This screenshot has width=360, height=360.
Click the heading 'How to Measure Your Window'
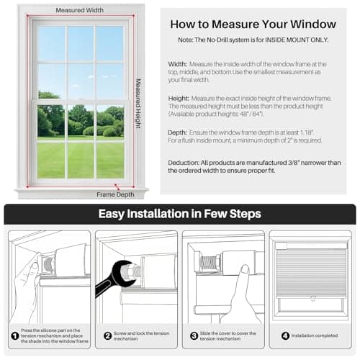click(x=256, y=24)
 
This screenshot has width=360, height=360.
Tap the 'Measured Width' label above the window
click(x=79, y=11)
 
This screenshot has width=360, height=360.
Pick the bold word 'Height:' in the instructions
click(x=179, y=99)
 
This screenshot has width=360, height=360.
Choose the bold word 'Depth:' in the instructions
click(x=178, y=132)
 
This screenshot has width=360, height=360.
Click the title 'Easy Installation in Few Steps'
click(x=179, y=214)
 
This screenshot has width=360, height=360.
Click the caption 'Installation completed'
click(x=315, y=335)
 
